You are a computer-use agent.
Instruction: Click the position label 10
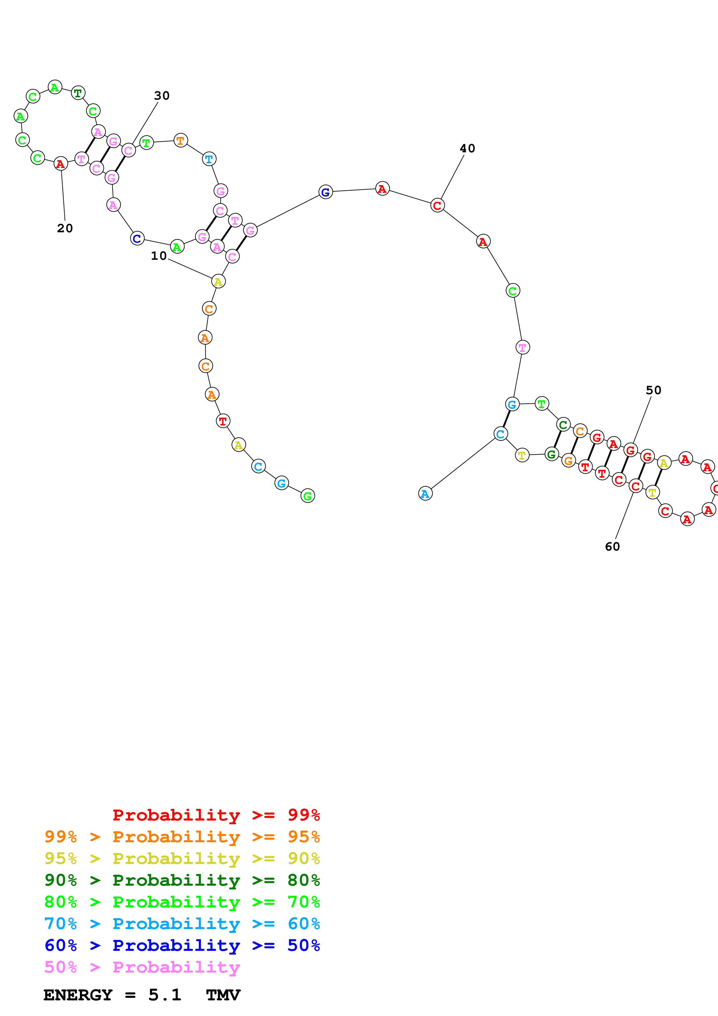[158, 256]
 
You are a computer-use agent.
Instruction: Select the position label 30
[162, 96]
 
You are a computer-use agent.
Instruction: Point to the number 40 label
[467, 148]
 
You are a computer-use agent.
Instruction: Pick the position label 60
[612, 547]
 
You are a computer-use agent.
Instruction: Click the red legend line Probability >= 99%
[216, 815]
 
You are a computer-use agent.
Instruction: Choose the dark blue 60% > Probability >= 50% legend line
[182, 945]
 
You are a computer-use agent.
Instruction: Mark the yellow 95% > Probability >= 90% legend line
[182, 858]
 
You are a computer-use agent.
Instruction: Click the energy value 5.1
[165, 995]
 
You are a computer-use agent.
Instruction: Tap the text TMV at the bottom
[223, 995]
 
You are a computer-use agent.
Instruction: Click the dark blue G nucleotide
[326, 192]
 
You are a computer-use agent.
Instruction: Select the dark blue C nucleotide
[137, 239]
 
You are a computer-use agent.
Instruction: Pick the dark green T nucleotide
[78, 93]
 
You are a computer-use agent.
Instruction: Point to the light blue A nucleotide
[425, 494]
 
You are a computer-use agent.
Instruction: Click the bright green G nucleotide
[308, 496]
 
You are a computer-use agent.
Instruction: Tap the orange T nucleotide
[180, 141]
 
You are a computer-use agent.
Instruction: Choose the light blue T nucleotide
[209, 159]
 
